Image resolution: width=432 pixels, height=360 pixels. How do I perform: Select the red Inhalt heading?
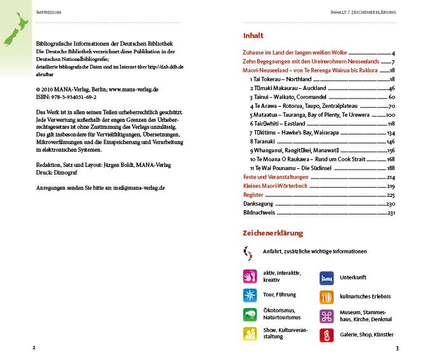pos(253,36)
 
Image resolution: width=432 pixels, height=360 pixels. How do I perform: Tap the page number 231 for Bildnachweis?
pos(391,213)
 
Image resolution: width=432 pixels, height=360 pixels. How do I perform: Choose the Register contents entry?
pos(253,195)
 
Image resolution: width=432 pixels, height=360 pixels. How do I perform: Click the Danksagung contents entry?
pos(258,204)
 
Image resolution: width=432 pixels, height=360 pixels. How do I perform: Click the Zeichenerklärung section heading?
pos(273,233)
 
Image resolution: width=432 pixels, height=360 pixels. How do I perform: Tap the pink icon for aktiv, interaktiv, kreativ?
pos(250,276)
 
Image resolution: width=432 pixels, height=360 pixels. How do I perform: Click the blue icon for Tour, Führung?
pos(250,295)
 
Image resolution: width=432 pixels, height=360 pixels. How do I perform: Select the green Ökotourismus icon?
pos(250,314)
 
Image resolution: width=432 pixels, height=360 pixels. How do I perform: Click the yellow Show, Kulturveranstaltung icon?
pos(250,334)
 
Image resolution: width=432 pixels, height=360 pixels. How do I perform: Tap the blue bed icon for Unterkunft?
pos(327,277)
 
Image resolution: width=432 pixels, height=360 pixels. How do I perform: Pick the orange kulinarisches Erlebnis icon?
pos(327,297)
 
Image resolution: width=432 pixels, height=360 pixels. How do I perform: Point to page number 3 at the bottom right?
pos(396,348)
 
